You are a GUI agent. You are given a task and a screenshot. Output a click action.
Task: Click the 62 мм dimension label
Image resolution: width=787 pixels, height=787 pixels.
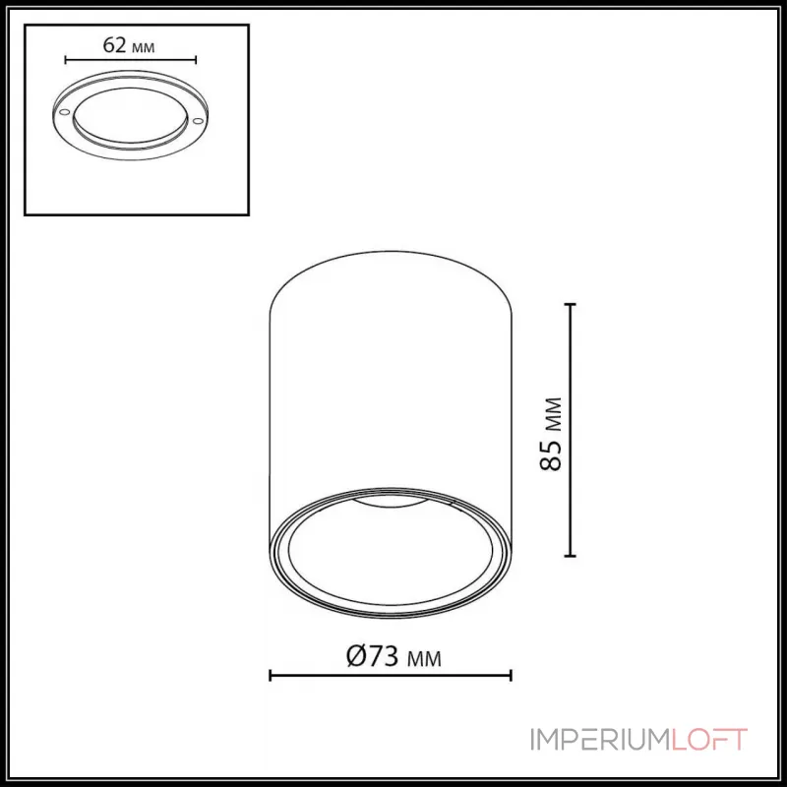click(130, 45)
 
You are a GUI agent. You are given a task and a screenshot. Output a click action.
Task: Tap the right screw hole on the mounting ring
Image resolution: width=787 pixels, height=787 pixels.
click(198, 120)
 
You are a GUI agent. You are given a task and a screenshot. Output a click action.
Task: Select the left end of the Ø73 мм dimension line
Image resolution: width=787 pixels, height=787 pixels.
click(271, 675)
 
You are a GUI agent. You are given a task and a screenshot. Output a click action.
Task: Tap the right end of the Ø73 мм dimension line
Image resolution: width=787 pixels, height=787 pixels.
click(512, 675)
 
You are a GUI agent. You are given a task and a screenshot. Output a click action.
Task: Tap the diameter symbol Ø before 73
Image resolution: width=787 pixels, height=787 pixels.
click(357, 656)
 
